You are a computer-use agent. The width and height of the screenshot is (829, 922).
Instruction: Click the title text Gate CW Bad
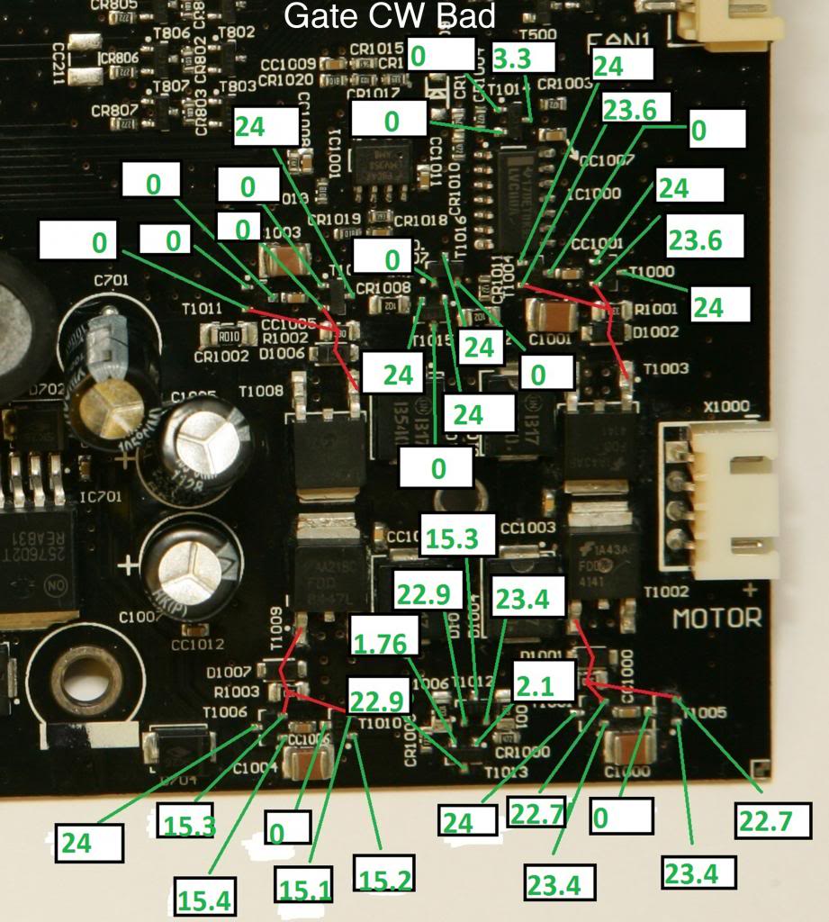389,15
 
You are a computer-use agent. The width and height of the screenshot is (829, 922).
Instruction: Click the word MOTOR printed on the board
716,619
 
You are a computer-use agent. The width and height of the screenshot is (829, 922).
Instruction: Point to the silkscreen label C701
112,280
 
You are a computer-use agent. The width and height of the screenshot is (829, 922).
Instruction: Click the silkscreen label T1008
262,392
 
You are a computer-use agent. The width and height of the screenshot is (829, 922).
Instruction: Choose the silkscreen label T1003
665,369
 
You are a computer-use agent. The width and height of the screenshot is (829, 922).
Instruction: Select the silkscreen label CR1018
420,220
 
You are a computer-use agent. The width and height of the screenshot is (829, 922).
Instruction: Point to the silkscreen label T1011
202,308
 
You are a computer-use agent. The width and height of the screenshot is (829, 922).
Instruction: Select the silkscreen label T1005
707,713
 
